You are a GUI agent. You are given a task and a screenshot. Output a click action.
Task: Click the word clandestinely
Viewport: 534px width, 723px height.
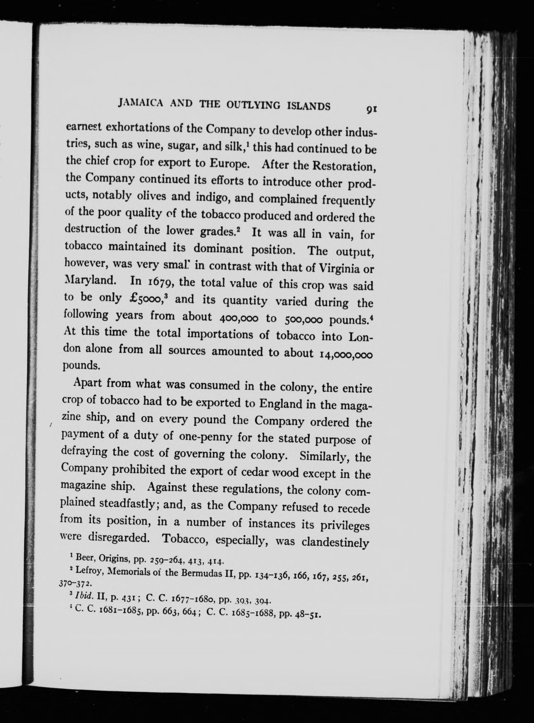coord(335,542)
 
